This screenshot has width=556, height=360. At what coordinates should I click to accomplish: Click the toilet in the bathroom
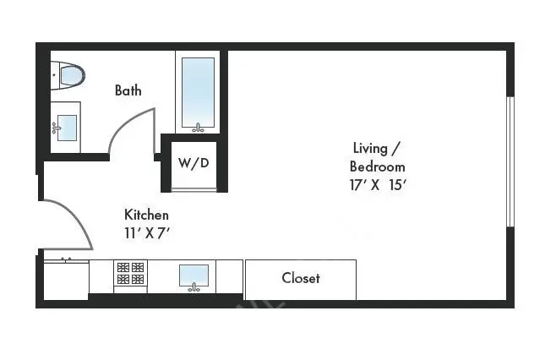pos(70,76)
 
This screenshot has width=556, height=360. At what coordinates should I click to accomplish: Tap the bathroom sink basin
pos(67,128)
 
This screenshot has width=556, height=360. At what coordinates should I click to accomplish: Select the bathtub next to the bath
pos(199,91)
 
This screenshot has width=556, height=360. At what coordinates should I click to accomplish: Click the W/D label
pos(194,163)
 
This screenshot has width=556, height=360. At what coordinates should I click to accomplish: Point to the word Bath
pos(128,90)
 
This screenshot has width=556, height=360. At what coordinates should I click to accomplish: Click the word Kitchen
pos(147,215)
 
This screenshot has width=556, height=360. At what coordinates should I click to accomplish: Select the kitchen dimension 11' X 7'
pos(147,233)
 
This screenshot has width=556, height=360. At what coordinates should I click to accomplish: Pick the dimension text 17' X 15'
pos(378,185)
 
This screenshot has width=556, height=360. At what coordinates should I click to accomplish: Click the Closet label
pos(301,278)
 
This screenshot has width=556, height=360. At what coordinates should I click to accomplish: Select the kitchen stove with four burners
pos(131,273)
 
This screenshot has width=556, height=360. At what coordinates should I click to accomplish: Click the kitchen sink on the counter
pos(194,274)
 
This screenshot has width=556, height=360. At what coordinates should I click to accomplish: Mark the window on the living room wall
pos(510,161)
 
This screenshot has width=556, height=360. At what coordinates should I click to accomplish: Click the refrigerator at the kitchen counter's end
pos(66,278)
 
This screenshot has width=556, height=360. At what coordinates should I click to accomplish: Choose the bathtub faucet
pos(199,128)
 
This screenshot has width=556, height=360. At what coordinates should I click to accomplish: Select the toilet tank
pos(55,76)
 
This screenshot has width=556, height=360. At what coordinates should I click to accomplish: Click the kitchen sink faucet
pos(194,287)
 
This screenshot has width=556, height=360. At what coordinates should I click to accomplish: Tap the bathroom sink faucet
pos(56,128)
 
